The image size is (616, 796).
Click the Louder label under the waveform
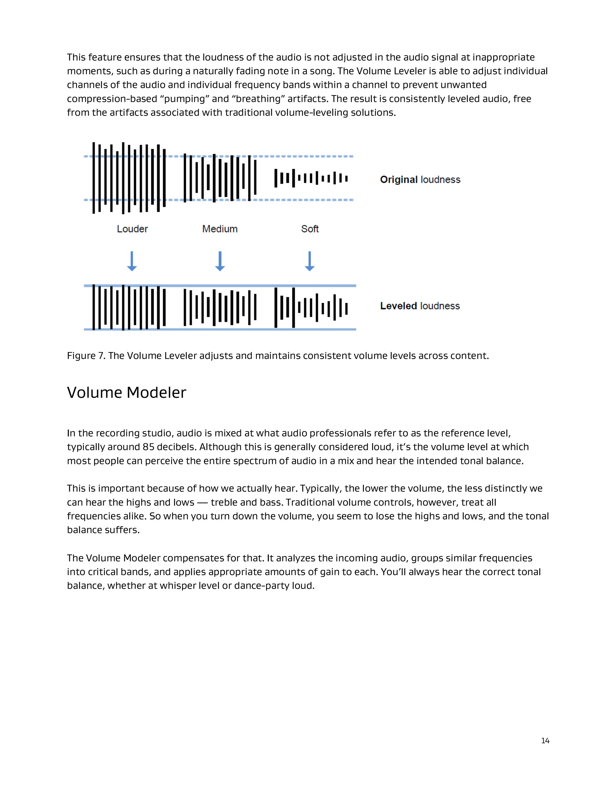tap(132, 229)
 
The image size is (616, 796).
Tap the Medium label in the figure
tap(220, 229)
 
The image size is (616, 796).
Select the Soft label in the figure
tap(310, 229)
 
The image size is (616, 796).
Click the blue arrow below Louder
tap(132, 261)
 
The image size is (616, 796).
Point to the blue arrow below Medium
tap(220, 261)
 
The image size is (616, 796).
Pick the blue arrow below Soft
tap(310, 261)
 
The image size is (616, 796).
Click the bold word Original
tap(399, 180)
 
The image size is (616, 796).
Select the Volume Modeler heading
tap(126, 393)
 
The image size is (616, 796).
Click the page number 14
tap(545, 741)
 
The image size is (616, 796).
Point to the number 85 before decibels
tap(149, 447)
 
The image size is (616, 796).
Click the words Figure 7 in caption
tap(86, 356)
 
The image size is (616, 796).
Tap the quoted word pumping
tap(185, 99)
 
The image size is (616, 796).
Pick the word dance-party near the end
tap(262, 586)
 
